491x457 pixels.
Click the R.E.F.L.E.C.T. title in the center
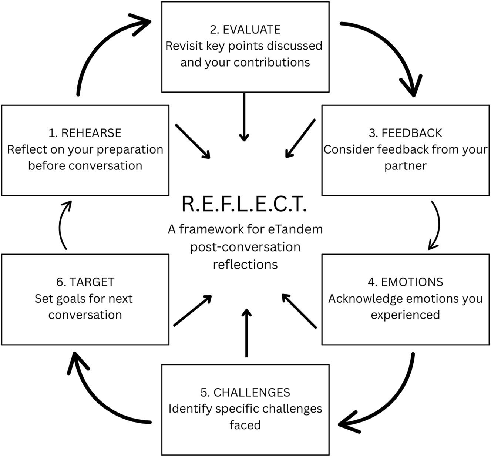(x=244, y=204)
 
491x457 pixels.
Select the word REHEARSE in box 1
(x=91, y=133)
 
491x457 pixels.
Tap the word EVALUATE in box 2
(x=252, y=30)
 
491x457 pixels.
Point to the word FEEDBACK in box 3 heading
(x=412, y=133)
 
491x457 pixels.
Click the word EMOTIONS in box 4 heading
(x=412, y=282)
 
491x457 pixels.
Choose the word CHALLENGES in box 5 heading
(x=252, y=392)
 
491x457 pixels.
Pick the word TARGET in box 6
(x=92, y=282)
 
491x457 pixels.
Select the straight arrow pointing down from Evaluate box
(x=244, y=117)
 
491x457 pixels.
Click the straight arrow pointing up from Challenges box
(x=246, y=333)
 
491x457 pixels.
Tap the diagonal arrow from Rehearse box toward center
(x=192, y=141)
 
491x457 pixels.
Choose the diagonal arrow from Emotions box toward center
(x=299, y=311)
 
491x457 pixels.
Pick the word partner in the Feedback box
(x=405, y=166)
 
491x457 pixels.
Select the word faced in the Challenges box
(x=245, y=425)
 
